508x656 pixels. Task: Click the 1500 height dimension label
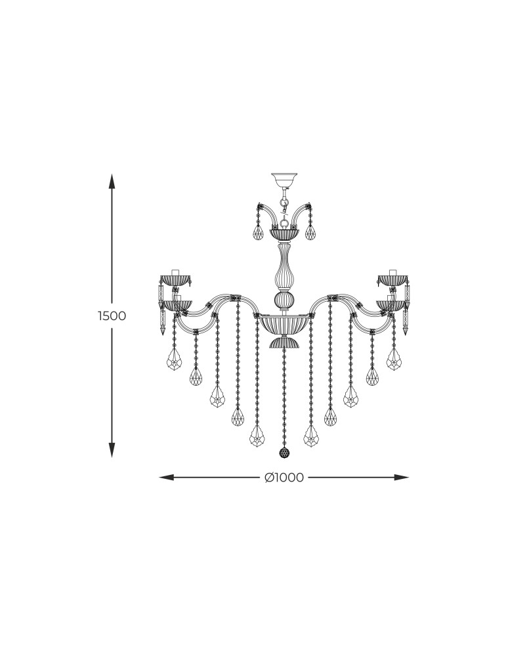click(112, 316)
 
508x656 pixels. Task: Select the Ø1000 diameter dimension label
click(284, 478)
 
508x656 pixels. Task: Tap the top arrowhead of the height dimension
click(112, 180)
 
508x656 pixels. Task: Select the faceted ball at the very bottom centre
click(284, 453)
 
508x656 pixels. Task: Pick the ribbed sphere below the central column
click(284, 301)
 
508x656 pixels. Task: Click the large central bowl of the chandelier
click(284, 324)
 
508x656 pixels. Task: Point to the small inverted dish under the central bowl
click(284, 342)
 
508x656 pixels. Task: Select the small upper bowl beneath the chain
click(284, 234)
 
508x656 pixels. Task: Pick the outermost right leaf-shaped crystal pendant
click(394, 359)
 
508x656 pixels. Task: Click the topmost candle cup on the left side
click(175, 279)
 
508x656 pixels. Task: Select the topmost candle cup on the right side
click(392, 279)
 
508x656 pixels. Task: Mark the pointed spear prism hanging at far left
click(162, 312)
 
